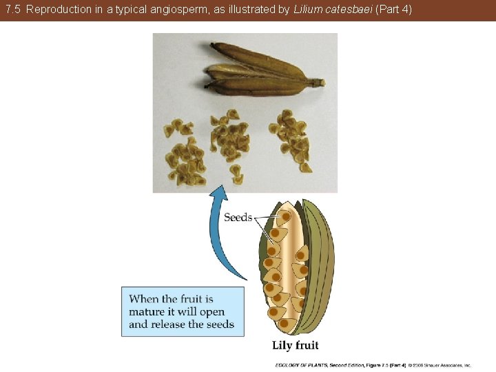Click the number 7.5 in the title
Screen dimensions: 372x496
(13, 10)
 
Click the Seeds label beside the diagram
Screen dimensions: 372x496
(238, 218)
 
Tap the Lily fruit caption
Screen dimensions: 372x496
(295, 345)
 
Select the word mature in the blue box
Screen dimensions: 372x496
(147, 311)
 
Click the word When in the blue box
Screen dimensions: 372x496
(144, 299)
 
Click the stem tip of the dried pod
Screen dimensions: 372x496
(318, 83)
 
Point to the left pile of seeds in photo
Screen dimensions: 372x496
(185, 153)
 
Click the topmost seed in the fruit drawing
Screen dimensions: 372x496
(285, 218)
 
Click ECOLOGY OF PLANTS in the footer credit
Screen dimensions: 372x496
(301, 365)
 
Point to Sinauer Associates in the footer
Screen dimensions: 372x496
(446, 365)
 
